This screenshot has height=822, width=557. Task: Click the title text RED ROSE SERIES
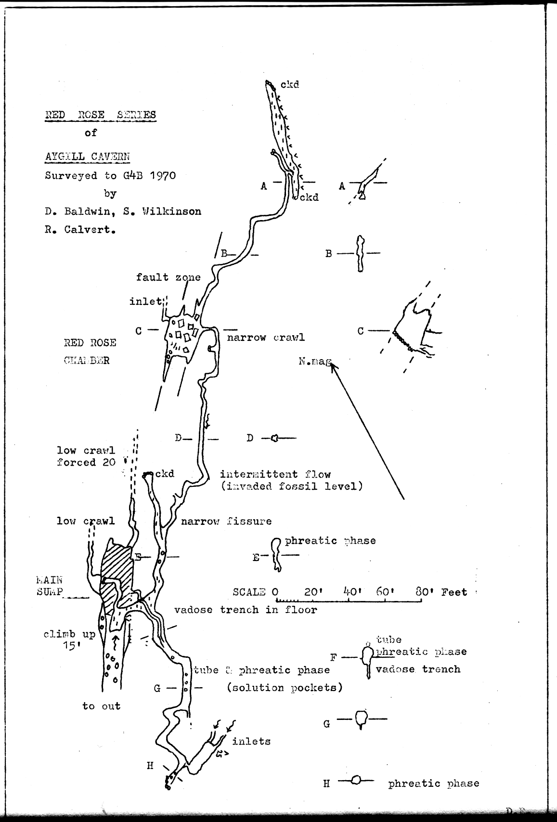tap(100, 115)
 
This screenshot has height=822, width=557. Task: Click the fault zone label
tap(168, 277)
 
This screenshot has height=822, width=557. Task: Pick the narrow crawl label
tap(266, 337)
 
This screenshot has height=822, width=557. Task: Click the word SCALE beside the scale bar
tap(249, 592)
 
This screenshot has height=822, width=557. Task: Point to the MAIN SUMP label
tap(50, 586)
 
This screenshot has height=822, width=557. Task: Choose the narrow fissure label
tap(226, 521)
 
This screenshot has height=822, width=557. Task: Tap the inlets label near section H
tap(251, 741)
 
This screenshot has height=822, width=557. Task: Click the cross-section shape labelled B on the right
tap(360, 253)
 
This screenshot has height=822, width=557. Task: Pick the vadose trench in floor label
tap(246, 610)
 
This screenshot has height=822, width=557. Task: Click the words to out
tap(101, 706)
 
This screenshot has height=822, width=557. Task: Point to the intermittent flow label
tap(275, 474)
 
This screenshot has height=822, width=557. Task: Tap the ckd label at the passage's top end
tap(290, 84)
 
